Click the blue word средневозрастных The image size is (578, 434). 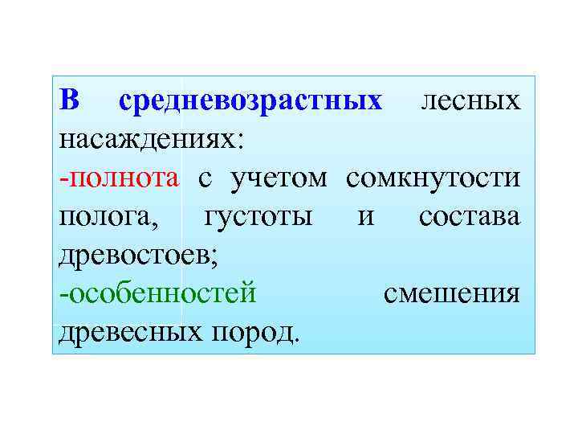(250, 102)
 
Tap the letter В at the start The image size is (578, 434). (70, 101)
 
